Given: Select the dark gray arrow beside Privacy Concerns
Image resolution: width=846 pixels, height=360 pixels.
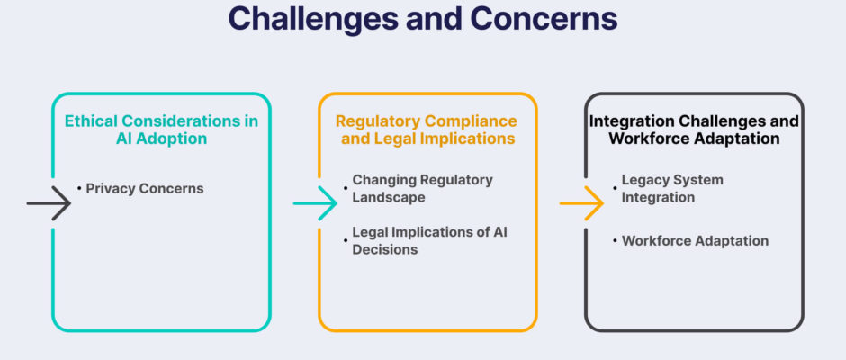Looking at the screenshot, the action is coord(49,202).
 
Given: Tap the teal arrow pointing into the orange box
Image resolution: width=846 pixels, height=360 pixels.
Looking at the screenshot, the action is coord(315,202).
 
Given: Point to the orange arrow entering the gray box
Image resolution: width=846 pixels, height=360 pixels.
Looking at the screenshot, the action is coord(581,202).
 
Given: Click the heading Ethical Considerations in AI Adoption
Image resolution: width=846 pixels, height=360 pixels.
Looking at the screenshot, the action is coord(161,129).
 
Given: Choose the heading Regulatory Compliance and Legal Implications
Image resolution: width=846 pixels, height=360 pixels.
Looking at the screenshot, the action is coord(427,129).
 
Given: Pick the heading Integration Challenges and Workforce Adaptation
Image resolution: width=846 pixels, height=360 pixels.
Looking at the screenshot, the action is coord(694,129).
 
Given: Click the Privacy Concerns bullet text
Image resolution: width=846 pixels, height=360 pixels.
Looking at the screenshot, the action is coord(145,188).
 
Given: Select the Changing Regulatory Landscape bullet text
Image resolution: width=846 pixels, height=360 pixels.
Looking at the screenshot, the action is coord(422,188).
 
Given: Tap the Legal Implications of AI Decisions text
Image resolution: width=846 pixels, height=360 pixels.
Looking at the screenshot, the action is coord(429,240).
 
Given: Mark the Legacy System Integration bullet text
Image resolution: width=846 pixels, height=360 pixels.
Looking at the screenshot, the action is coord(672,188).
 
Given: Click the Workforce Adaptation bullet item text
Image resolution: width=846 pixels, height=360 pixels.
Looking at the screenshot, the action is coord(695,240).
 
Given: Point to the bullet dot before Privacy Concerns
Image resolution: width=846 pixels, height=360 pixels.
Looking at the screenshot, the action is coord(79,188).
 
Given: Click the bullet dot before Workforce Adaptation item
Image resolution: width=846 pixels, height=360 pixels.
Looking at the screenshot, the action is coord(615,240).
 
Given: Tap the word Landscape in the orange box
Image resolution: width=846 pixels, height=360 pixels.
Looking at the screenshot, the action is coord(389,197).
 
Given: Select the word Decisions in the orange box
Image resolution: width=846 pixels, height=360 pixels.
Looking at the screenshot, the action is coord(384,249).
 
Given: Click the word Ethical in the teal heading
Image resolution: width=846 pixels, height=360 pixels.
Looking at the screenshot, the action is coord(86,121).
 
